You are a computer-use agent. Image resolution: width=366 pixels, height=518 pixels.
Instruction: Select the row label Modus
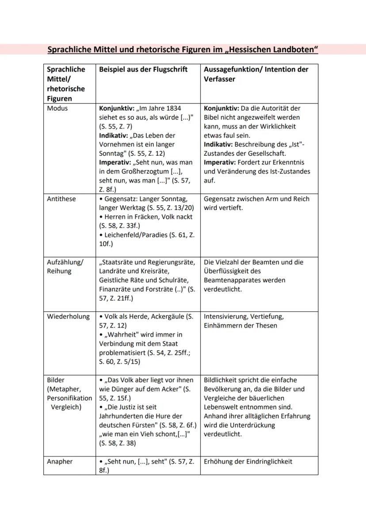pos(58,108)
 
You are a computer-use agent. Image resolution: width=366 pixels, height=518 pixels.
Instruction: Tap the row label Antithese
pos(61,199)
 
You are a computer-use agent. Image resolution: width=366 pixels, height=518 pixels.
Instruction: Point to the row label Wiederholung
pos(69,317)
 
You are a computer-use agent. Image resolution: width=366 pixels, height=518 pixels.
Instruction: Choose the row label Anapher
pos(60,461)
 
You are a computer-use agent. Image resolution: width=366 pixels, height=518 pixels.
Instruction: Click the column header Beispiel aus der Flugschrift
pos(143,69)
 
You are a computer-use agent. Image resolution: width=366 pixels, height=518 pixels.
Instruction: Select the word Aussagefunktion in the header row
pos(231,69)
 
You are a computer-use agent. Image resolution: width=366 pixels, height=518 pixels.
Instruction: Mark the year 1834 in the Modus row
pos(172,108)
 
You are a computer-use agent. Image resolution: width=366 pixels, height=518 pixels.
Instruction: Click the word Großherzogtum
pos(147,171)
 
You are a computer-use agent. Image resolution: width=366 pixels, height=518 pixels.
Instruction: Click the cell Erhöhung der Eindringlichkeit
pos(248,461)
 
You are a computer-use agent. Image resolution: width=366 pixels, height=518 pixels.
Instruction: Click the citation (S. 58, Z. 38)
pos(118,443)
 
